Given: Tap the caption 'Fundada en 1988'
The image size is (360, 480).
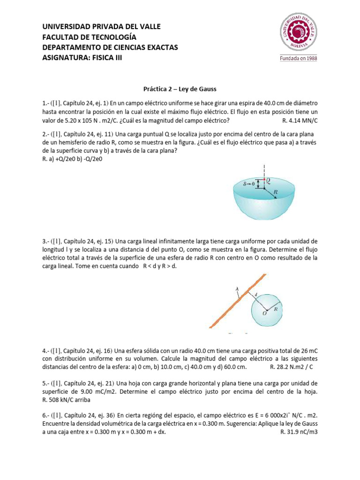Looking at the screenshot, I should tap(299, 59).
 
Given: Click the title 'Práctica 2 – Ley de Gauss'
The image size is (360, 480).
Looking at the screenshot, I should tap(180, 88).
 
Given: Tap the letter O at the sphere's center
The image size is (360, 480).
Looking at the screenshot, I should tap(264, 313).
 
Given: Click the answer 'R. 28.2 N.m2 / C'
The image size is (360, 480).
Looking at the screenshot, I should tap(294, 367).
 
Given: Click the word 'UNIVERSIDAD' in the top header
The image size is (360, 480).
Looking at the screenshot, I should tap(65, 27).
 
